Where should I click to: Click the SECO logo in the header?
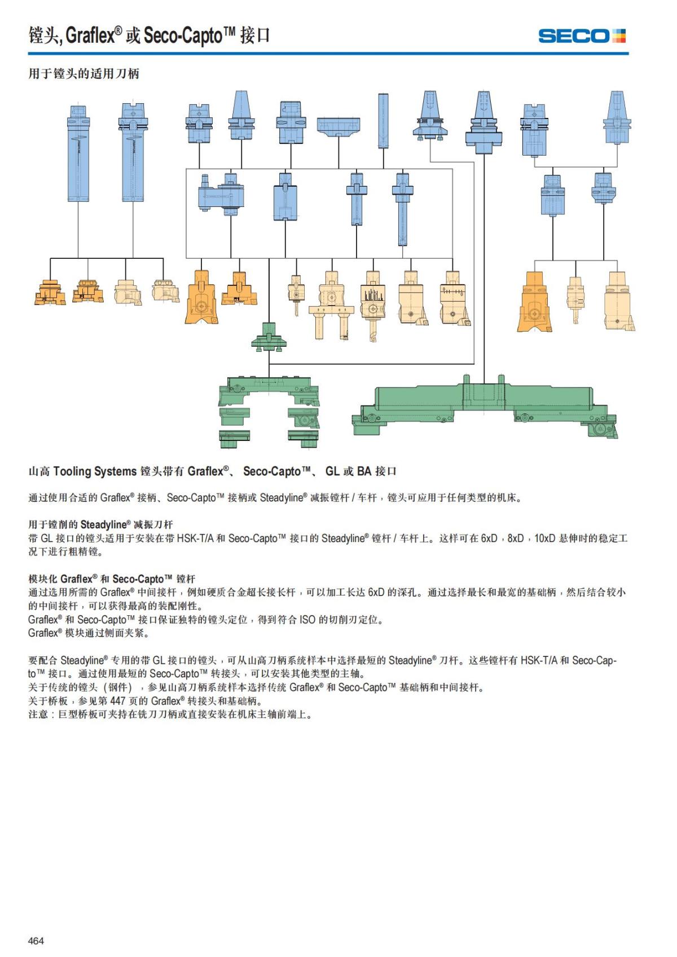click(582, 36)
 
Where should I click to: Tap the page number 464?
click(36, 940)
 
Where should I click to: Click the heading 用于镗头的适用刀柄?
click(83, 74)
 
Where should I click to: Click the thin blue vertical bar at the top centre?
click(384, 121)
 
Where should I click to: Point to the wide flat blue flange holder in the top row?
click(338, 127)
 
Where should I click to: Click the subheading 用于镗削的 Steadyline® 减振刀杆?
click(100, 524)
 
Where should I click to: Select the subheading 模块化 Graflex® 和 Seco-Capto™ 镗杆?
click(112, 579)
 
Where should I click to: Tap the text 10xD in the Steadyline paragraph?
click(545, 539)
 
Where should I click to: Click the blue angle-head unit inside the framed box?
click(221, 195)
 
